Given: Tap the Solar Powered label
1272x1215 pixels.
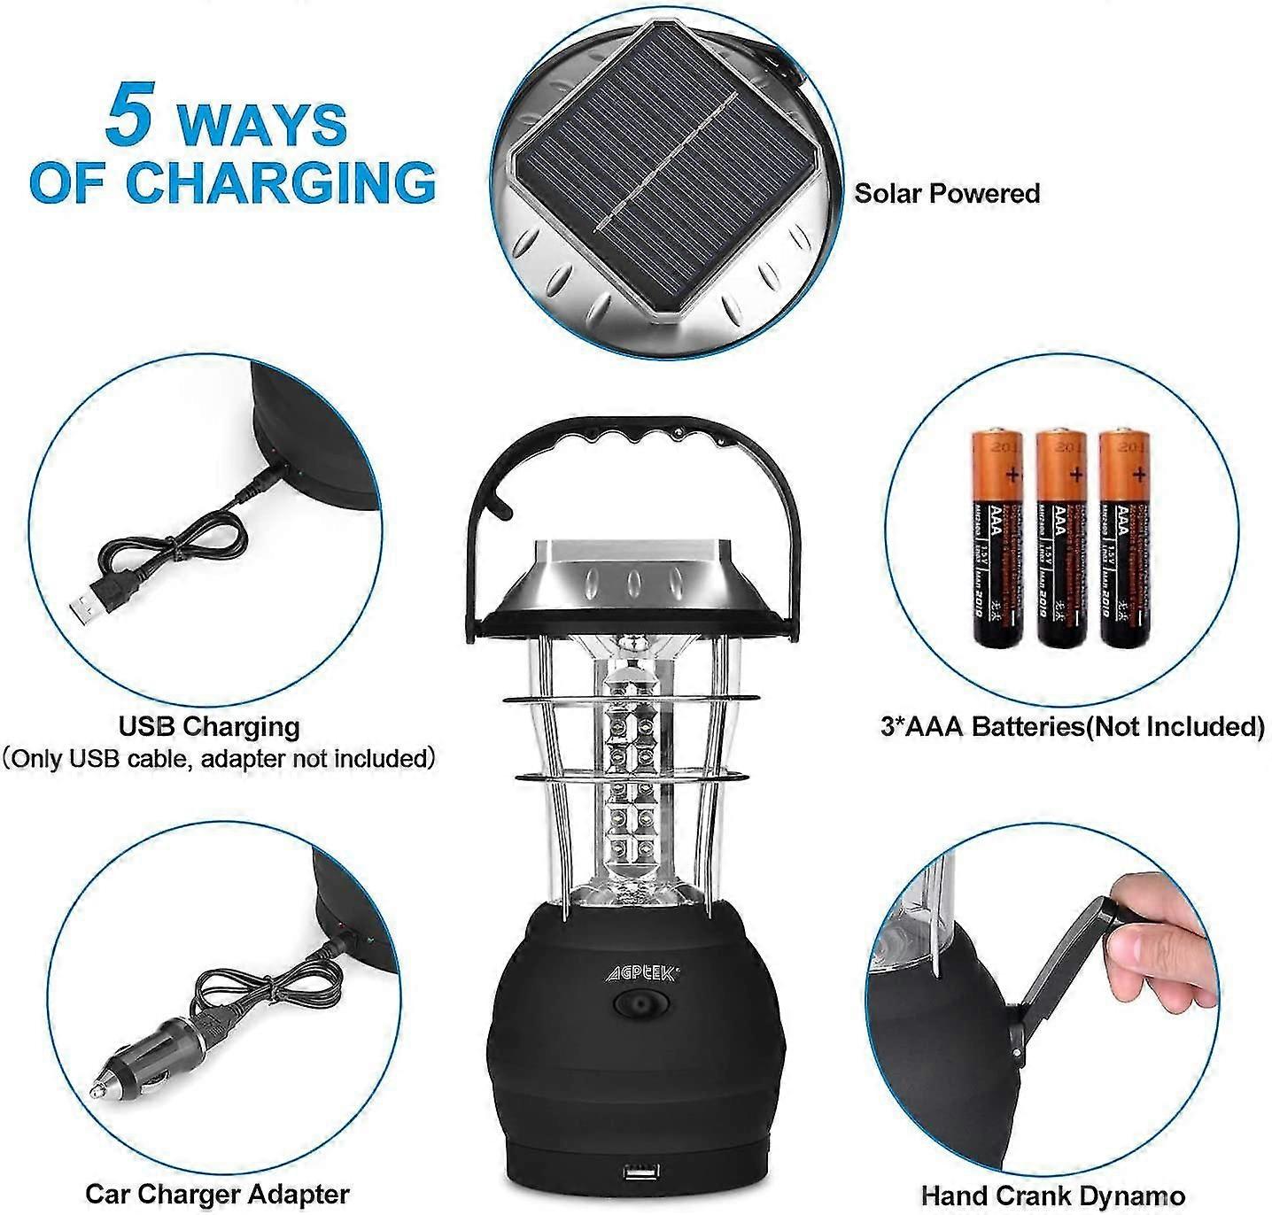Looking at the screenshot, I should (946, 193).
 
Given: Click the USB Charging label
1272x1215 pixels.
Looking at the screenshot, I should (209, 727).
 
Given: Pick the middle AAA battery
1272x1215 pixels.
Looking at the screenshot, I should (1060, 537).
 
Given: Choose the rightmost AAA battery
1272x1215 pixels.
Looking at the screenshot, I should (1123, 537).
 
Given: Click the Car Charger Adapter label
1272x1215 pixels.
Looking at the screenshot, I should (217, 1194).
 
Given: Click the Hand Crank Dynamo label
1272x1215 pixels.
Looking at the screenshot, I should (1052, 1195).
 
